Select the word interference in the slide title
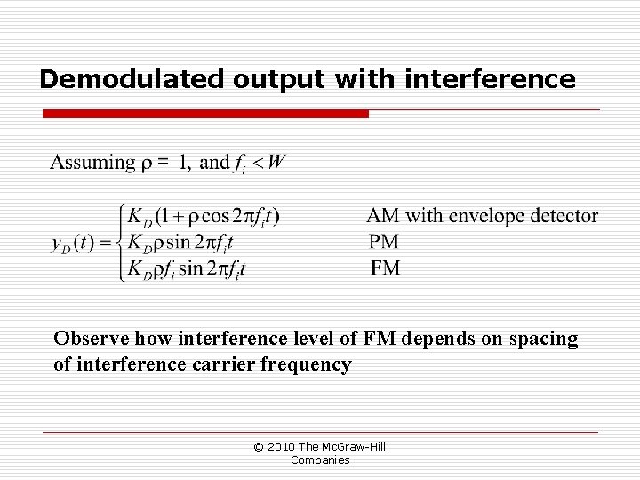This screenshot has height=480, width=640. (x=490, y=80)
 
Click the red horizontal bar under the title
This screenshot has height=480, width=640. (x=205, y=115)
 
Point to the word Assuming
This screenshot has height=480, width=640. (x=91, y=163)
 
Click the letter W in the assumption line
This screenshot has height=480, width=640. (x=276, y=162)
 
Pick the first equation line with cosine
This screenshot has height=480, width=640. (x=203, y=216)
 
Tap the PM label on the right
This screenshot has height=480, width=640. (x=384, y=242)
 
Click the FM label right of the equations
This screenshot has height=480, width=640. (x=384, y=268)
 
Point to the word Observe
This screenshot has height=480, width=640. (x=86, y=339)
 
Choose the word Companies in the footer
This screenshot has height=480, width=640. (x=320, y=460)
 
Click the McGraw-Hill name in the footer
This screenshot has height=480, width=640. (x=357, y=446)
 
